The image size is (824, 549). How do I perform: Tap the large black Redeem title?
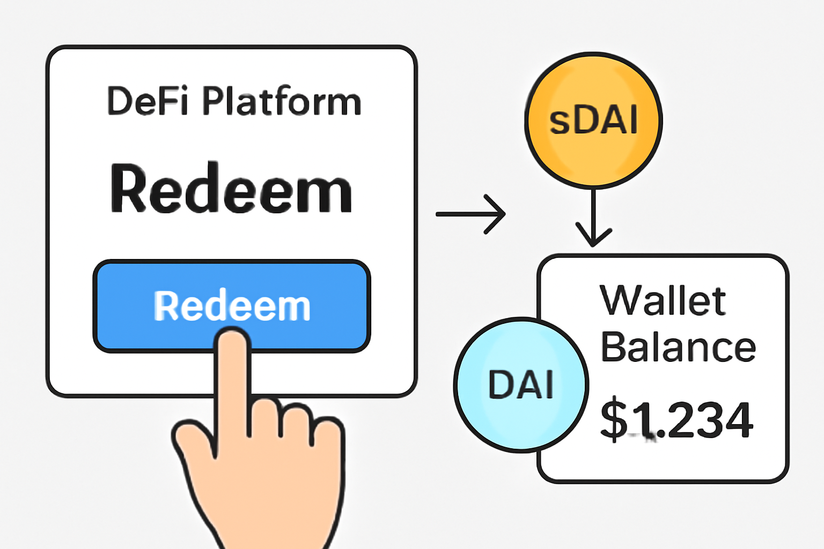[231, 189]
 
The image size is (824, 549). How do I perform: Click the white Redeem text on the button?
[232, 306]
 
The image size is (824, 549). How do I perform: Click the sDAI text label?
[593, 120]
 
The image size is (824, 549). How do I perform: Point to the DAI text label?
[521, 384]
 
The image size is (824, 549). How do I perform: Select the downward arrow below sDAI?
[593, 214]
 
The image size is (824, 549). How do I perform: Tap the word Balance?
[678, 347]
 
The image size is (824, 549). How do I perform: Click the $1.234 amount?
[676, 420]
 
